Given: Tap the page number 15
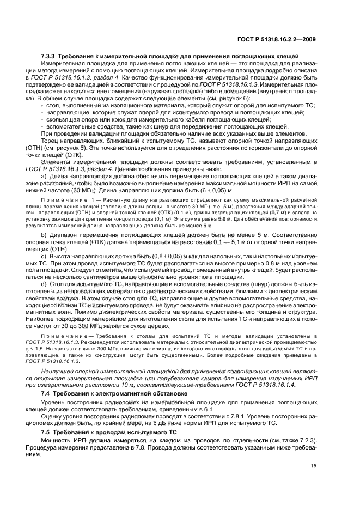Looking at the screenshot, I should click(313, 465).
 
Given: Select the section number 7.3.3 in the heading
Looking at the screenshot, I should click(48, 57).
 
